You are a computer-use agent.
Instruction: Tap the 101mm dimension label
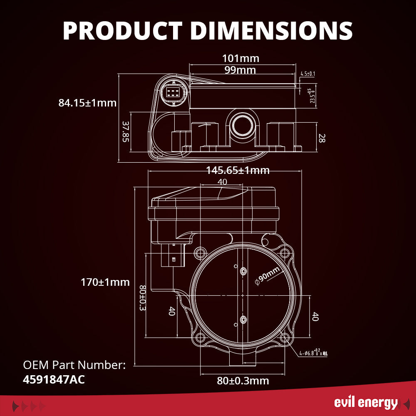click(x=240, y=58)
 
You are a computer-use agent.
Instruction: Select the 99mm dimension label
click(x=240, y=70)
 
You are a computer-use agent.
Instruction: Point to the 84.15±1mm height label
click(x=87, y=103)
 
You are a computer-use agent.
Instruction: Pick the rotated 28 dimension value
click(x=321, y=138)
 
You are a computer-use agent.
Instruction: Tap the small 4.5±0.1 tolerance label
click(x=307, y=74)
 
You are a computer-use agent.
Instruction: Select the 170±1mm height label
click(x=105, y=282)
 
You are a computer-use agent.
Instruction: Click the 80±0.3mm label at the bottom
click(x=243, y=381)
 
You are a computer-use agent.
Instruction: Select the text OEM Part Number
click(x=74, y=365)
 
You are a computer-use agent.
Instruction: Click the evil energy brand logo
click(x=366, y=403)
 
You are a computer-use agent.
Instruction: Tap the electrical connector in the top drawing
click(x=171, y=92)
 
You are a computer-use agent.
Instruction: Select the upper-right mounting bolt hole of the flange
click(x=284, y=252)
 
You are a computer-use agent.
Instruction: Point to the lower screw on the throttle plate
click(x=243, y=319)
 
